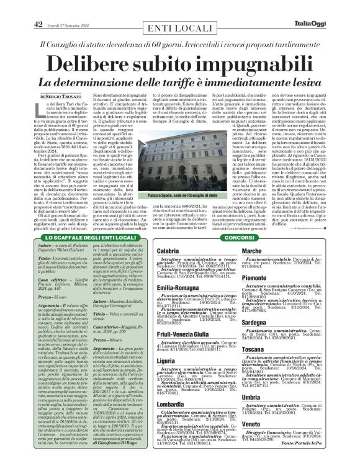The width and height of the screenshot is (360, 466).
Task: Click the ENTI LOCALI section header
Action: coord(180,29)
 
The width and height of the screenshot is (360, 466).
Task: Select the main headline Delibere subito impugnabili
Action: coord(179,64)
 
